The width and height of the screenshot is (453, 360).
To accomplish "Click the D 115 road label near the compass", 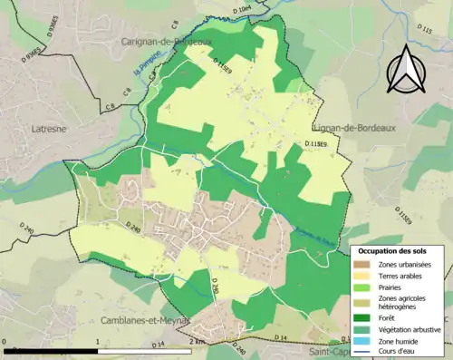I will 424,31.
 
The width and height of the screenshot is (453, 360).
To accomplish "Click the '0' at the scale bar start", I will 5,341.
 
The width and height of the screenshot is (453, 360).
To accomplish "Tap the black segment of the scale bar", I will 51,350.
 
